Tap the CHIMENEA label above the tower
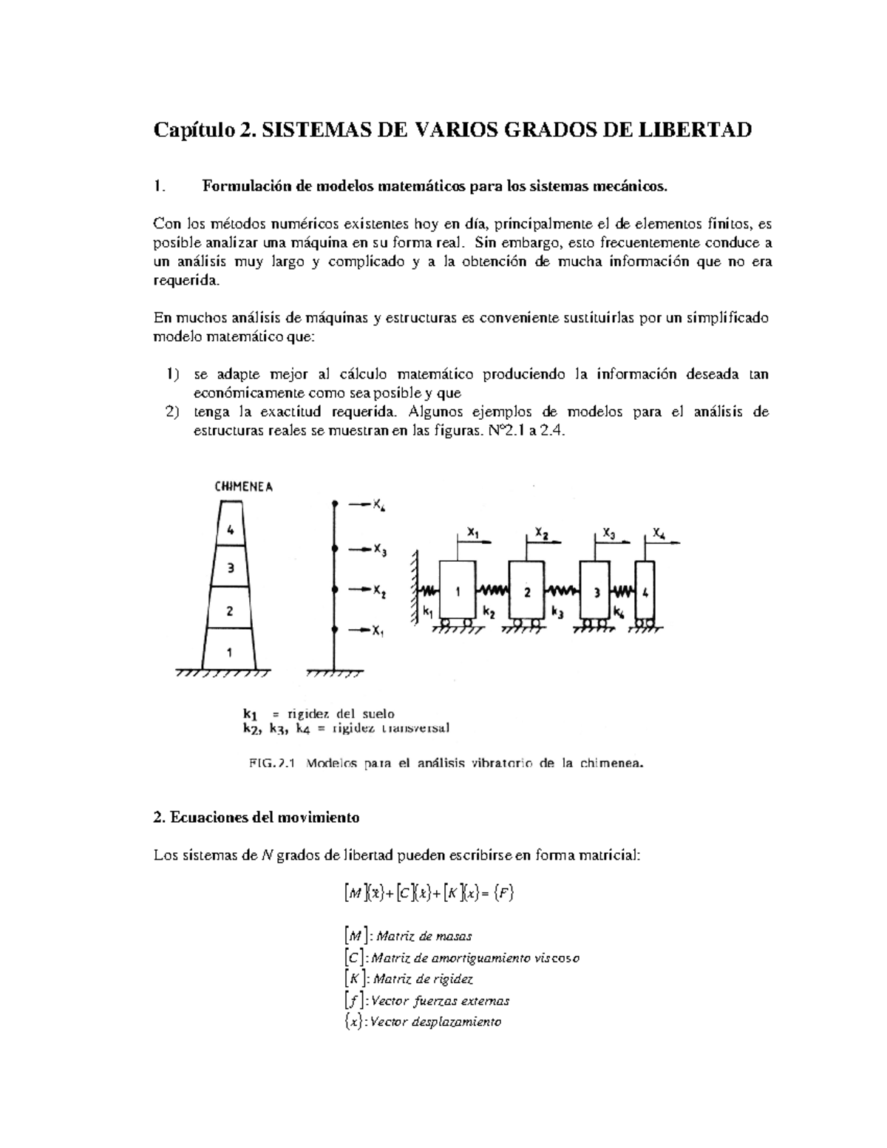pos(244,487)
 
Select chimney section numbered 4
pos(231,529)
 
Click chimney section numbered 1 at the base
pos(230,652)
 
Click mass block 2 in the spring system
pos(526,592)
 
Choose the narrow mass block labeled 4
pos(645,592)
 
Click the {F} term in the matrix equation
pos(503,893)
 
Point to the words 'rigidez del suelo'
pos(341,713)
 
